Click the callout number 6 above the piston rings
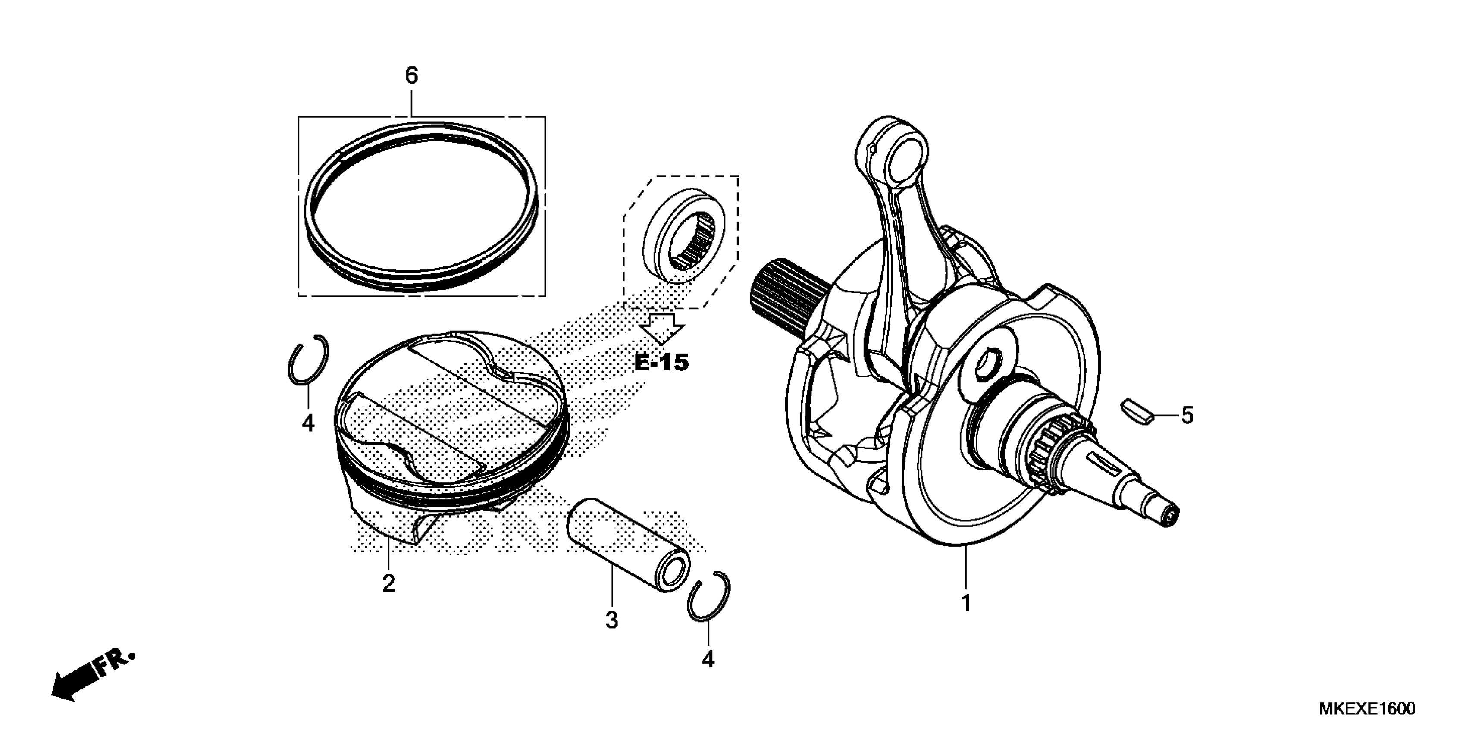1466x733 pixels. tap(411, 76)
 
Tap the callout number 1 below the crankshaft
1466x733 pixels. tap(965, 603)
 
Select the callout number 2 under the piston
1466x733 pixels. tap(388, 583)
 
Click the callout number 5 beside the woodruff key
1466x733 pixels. tap(1187, 416)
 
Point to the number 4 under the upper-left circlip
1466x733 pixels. tap(308, 423)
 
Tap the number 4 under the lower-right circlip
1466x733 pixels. tap(708, 659)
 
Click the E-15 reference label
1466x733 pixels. tap(661, 363)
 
